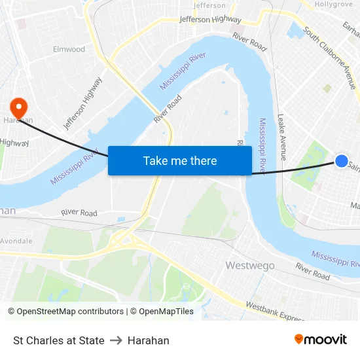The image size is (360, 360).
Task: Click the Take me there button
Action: [180, 160]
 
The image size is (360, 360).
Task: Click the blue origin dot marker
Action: [342, 160]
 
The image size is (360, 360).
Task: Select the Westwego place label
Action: [249, 265]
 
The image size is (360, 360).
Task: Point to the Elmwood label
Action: [69, 49]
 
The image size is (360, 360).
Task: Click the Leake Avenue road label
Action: [282, 137]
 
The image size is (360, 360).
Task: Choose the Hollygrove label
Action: [334, 4]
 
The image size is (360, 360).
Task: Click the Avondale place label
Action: [16, 241]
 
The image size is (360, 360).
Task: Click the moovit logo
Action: [321, 340]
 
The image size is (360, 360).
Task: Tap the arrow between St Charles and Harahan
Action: [116, 340]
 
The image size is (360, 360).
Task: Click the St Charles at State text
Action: [59, 340]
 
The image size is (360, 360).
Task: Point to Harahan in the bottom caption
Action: [149, 340]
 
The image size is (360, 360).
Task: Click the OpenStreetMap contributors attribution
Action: [65, 312]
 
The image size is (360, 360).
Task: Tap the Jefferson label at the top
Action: [210, 5]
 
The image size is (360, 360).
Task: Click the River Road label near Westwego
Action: [312, 272]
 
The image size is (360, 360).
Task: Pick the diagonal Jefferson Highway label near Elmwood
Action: [83, 103]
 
